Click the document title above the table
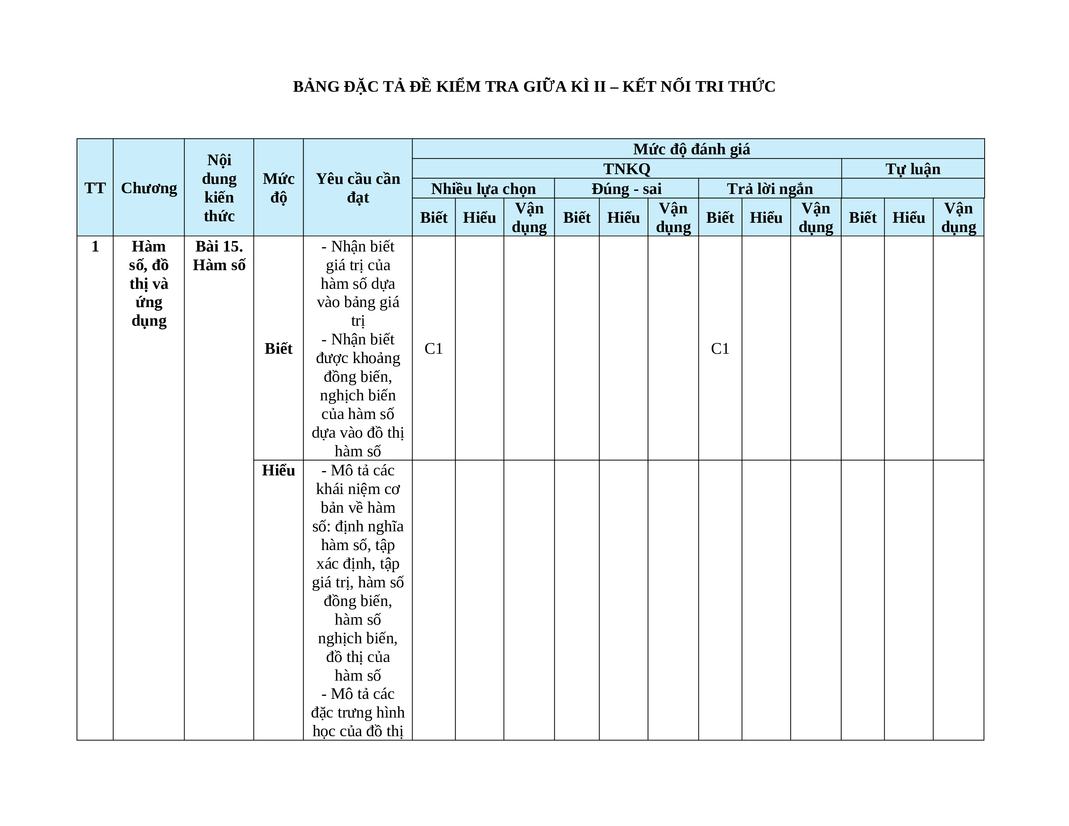(534, 87)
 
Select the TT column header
(95, 188)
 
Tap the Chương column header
(149, 188)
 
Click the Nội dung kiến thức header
(219, 188)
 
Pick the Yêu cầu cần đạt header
(358, 188)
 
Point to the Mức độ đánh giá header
(691, 149)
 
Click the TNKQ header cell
(627, 169)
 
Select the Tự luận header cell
(913, 169)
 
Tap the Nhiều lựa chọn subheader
(483, 189)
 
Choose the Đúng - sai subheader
(627, 189)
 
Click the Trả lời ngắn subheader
(769, 189)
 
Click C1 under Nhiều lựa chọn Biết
(434, 348)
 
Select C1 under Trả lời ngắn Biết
(720, 348)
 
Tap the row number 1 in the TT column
(95, 246)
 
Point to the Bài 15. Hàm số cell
(219, 255)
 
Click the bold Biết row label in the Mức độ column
(278, 348)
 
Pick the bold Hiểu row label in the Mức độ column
(278, 470)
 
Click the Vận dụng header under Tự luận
(958, 218)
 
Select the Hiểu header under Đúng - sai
(623, 218)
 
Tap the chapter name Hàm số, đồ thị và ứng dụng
(149, 283)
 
